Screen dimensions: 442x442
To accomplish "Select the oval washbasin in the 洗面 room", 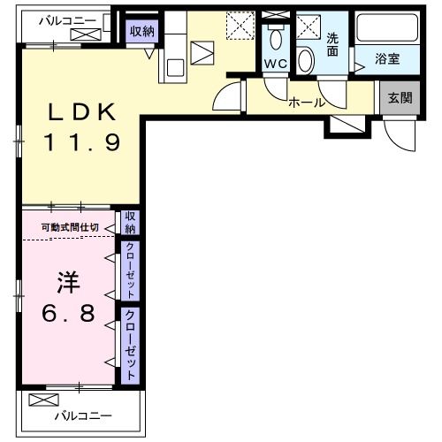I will pyautogui.click(x=306, y=60).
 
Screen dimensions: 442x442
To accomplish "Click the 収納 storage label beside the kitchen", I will pyautogui.click(x=142, y=32).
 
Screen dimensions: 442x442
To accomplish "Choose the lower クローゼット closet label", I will pyautogui.click(x=130, y=345).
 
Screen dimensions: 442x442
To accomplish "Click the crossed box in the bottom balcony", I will pyautogui.click(x=42, y=400).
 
